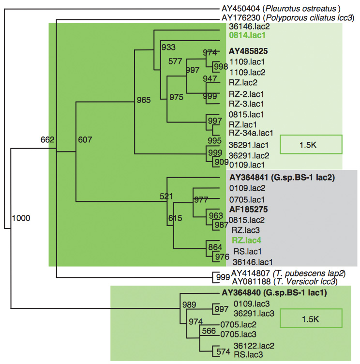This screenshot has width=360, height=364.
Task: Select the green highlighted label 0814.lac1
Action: coord(244,35)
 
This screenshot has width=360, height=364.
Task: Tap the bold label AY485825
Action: coord(249,51)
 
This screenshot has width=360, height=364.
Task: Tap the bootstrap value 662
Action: coord(47,140)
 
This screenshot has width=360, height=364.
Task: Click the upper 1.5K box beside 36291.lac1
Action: coord(311,144)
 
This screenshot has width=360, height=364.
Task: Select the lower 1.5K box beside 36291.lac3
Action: coord(311,319)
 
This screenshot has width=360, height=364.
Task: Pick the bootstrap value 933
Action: coord(168,47)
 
